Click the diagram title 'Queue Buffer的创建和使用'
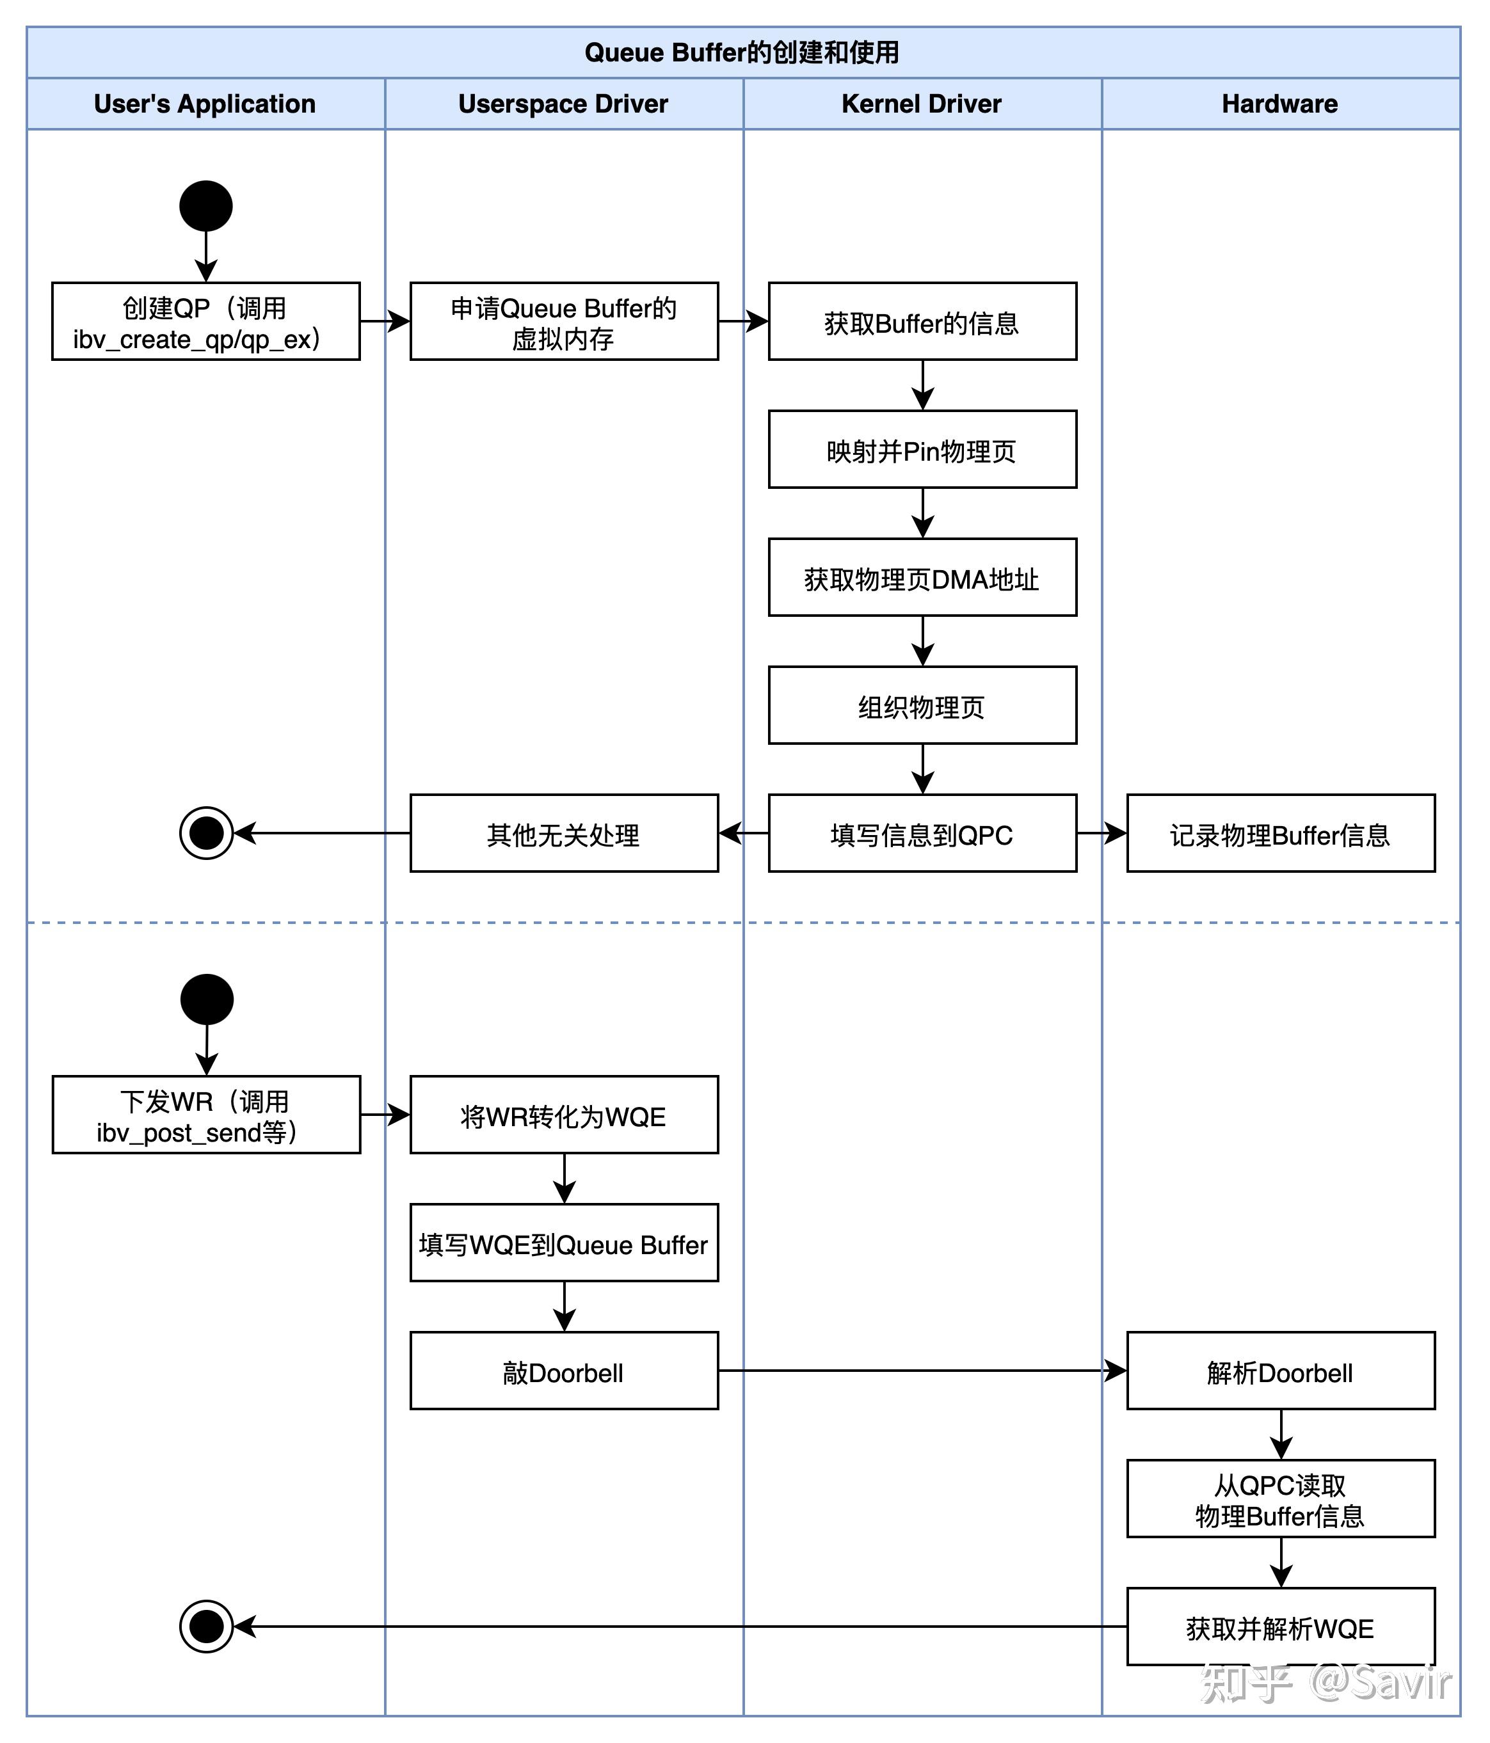pyautogui.click(x=742, y=52)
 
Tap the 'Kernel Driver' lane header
pyautogui.click(x=921, y=104)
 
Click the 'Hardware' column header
pyautogui.click(x=1279, y=104)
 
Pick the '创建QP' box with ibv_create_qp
pyautogui.click(x=205, y=321)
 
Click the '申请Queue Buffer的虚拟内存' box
pyautogui.click(x=564, y=321)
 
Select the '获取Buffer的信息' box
pyautogui.click(x=922, y=321)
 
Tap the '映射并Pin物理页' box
pyautogui.click(x=922, y=449)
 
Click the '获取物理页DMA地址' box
pyautogui.click(x=922, y=577)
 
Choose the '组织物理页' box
pyautogui.click(x=922, y=705)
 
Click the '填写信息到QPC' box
pyautogui.click(x=922, y=833)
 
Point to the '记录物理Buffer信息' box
pyautogui.click(x=1281, y=833)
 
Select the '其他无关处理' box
pyautogui.click(x=564, y=833)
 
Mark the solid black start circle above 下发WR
pyautogui.click(x=206, y=999)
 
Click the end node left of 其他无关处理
pyautogui.click(x=206, y=833)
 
